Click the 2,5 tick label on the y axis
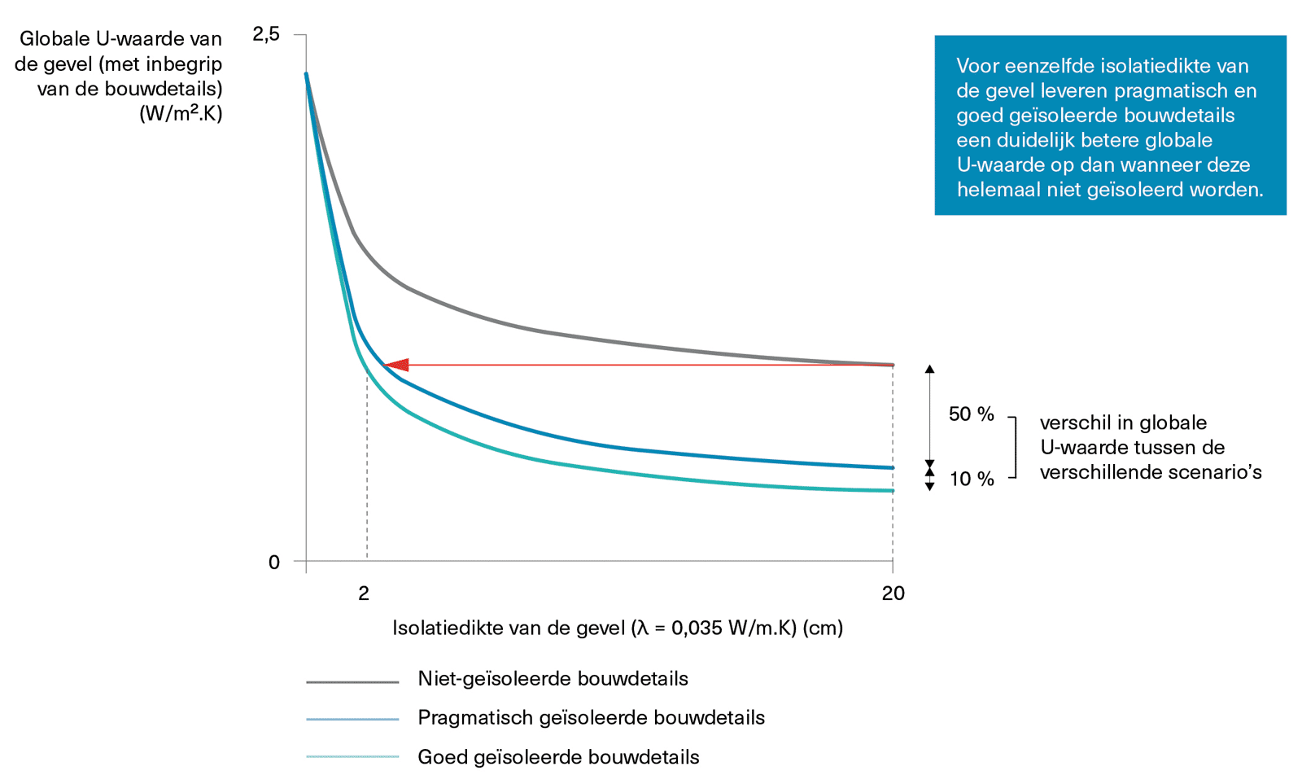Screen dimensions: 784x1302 pyautogui.click(x=265, y=34)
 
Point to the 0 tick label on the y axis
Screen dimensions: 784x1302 pyautogui.click(x=274, y=562)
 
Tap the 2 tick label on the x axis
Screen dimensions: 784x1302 pyautogui.click(x=364, y=593)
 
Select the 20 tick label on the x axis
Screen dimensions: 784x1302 pyautogui.click(x=893, y=593)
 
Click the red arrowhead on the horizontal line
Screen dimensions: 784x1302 pyautogui.click(x=396, y=365)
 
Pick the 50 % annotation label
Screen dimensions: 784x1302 pyautogui.click(x=971, y=414)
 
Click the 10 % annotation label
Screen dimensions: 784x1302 pyautogui.click(x=972, y=479)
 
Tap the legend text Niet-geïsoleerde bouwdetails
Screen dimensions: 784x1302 pyautogui.click(x=553, y=679)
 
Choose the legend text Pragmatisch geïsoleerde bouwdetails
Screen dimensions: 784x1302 pyautogui.click(x=591, y=718)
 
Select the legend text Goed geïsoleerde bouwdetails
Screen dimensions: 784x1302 pyautogui.click(x=558, y=757)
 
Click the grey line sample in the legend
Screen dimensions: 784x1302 pyautogui.click(x=352, y=681)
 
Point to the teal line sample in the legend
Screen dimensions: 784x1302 pyautogui.click(x=352, y=757)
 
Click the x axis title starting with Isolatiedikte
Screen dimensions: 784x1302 pyautogui.click(x=617, y=628)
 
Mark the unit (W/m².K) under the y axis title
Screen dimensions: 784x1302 pyautogui.click(x=181, y=113)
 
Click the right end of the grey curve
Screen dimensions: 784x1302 pyautogui.click(x=892, y=365)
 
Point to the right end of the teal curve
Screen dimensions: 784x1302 pyautogui.click(x=892, y=490)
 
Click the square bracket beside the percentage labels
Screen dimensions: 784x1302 pyautogui.click(x=1015, y=447)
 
